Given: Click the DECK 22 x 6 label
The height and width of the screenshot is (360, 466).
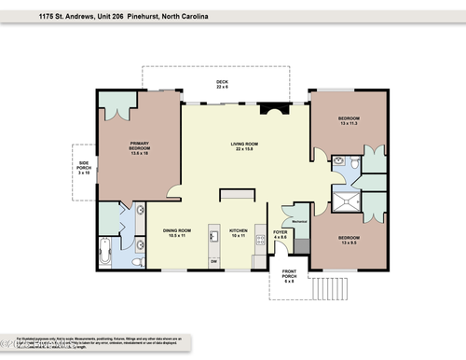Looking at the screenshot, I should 222,84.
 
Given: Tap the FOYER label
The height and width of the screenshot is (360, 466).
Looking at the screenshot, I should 280,233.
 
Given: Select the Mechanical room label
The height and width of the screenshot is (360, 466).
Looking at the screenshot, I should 300,221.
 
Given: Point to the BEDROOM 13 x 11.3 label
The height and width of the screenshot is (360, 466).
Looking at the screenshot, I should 349,120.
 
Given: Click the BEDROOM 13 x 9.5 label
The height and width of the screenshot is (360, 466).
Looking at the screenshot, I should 350,240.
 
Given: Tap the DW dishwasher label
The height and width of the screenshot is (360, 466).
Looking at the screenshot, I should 213,261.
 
